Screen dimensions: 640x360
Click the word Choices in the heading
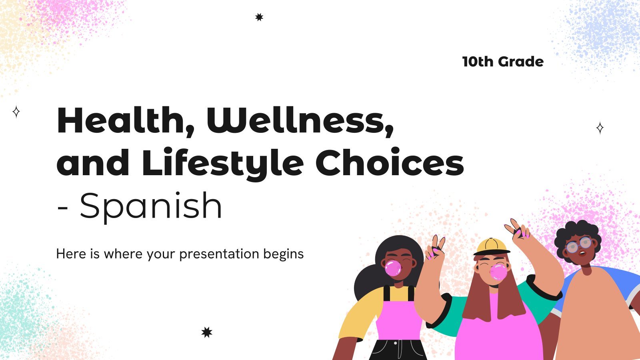[390, 162]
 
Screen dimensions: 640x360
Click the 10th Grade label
[503, 62]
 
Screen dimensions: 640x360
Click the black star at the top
[259, 17]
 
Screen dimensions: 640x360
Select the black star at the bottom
[207, 332]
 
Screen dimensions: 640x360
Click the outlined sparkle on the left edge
[16, 112]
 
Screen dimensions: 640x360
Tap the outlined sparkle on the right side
[600, 128]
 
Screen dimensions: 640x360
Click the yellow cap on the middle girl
[492, 247]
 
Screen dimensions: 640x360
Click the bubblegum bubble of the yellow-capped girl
[498, 272]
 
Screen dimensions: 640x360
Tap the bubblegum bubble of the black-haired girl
[393, 268]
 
